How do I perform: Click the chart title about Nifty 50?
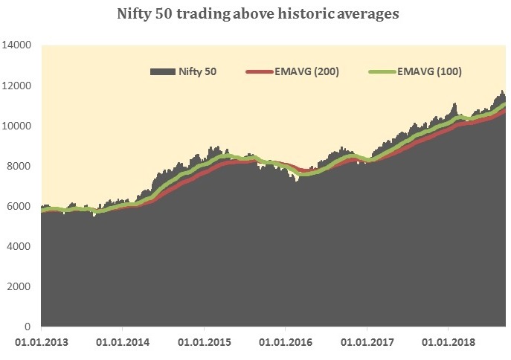point(258,14)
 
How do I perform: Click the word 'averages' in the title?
point(365,14)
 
